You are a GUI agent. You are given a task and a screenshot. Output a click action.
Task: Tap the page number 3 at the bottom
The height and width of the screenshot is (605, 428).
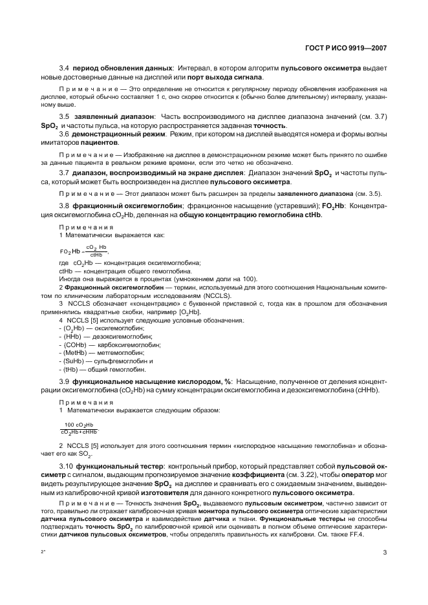coord(384,553)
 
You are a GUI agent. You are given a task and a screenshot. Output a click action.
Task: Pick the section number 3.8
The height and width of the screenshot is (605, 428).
coord(64,206)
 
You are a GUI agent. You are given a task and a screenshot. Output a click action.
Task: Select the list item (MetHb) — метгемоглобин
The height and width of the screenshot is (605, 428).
coord(100,353)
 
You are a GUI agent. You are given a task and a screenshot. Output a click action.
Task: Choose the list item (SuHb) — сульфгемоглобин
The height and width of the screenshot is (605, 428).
coord(106,361)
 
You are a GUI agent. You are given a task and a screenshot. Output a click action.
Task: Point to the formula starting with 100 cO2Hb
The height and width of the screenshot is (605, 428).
coord(79,428)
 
